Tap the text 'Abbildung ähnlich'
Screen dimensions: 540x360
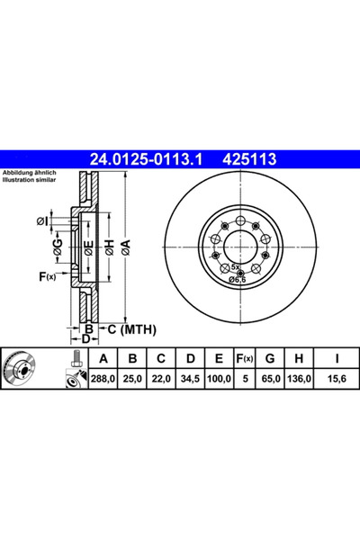click(x=29, y=173)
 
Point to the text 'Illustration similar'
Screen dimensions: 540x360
click(x=29, y=180)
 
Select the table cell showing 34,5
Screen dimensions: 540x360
click(x=190, y=380)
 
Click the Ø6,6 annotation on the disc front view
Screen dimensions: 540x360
click(x=238, y=279)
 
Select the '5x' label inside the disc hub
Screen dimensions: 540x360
click(x=235, y=268)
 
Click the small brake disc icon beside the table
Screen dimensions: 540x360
click(x=26, y=371)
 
